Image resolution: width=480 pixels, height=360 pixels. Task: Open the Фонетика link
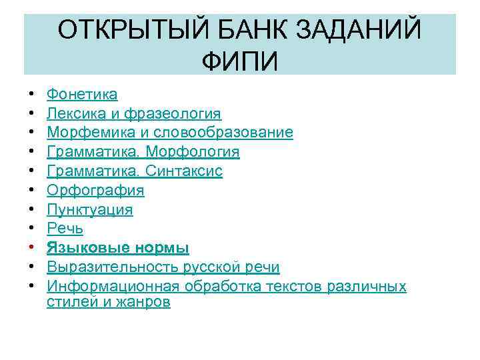(82, 95)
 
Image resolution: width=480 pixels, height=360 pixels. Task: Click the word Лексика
(75, 114)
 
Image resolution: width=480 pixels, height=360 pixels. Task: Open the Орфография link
(95, 191)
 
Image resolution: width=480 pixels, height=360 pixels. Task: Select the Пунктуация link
(89, 210)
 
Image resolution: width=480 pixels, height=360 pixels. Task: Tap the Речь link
(65, 229)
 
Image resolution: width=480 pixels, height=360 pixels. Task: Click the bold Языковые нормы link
(118, 249)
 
